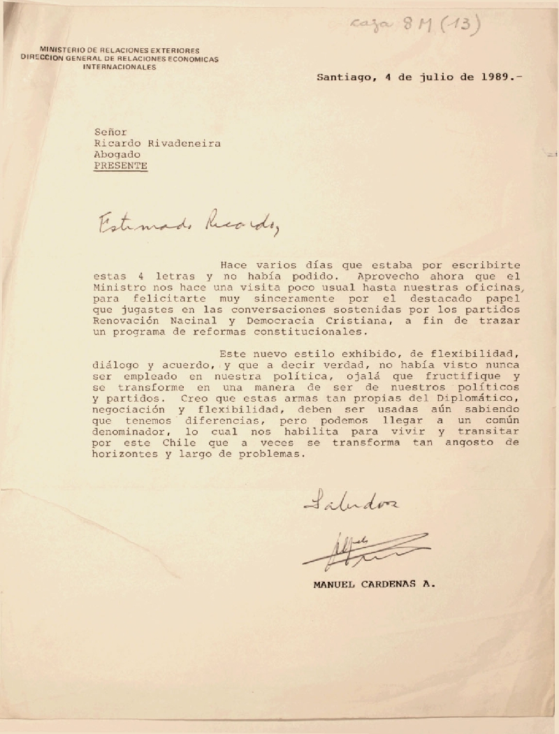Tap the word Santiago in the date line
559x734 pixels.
click(342, 78)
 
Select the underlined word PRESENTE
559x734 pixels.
click(121, 166)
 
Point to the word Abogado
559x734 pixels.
click(115, 154)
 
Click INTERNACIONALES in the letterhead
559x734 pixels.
click(119, 68)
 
